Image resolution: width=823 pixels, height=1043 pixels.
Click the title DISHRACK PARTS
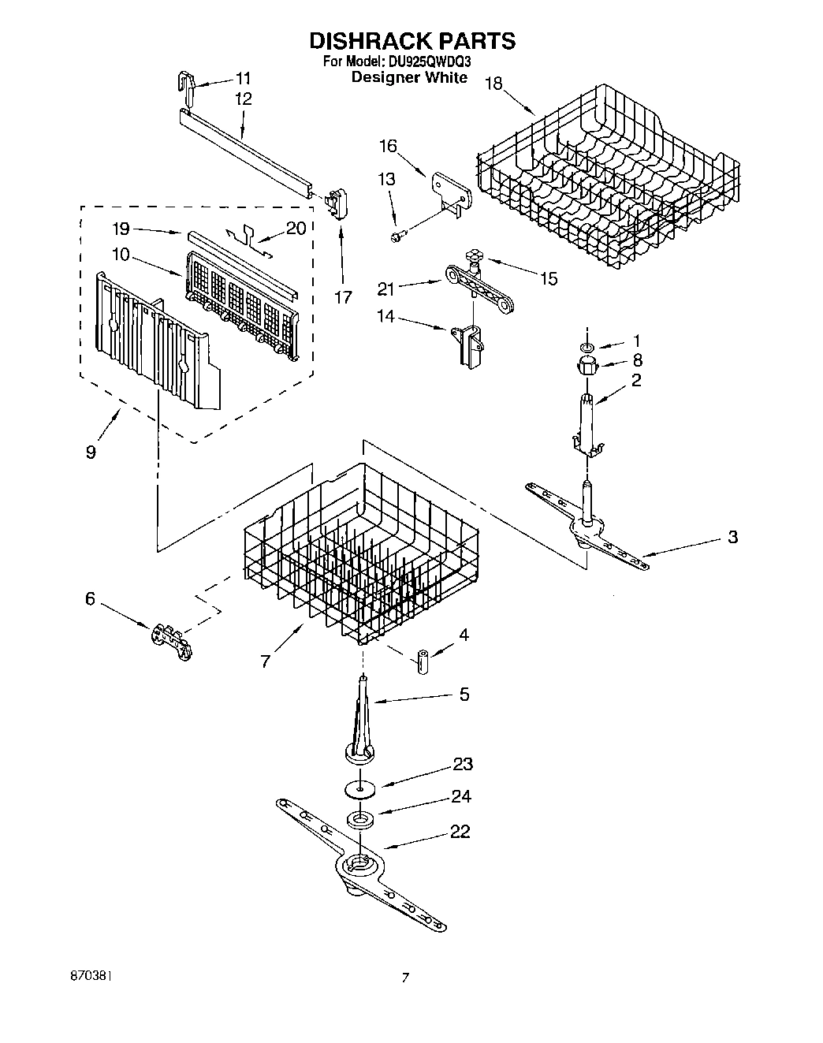tap(411, 41)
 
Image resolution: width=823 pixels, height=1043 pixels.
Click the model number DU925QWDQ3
tap(429, 61)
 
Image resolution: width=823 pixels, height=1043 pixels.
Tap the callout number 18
tap(493, 84)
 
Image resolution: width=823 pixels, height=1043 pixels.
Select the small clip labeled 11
tap(187, 85)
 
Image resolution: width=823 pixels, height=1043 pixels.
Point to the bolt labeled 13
tap(398, 234)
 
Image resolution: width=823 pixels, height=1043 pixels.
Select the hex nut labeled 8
tap(587, 364)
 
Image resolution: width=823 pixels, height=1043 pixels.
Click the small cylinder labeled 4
tap(423, 660)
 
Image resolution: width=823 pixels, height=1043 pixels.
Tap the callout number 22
tap(460, 832)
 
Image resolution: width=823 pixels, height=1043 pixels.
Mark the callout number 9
tap(91, 453)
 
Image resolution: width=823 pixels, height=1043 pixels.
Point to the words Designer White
tap(409, 77)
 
